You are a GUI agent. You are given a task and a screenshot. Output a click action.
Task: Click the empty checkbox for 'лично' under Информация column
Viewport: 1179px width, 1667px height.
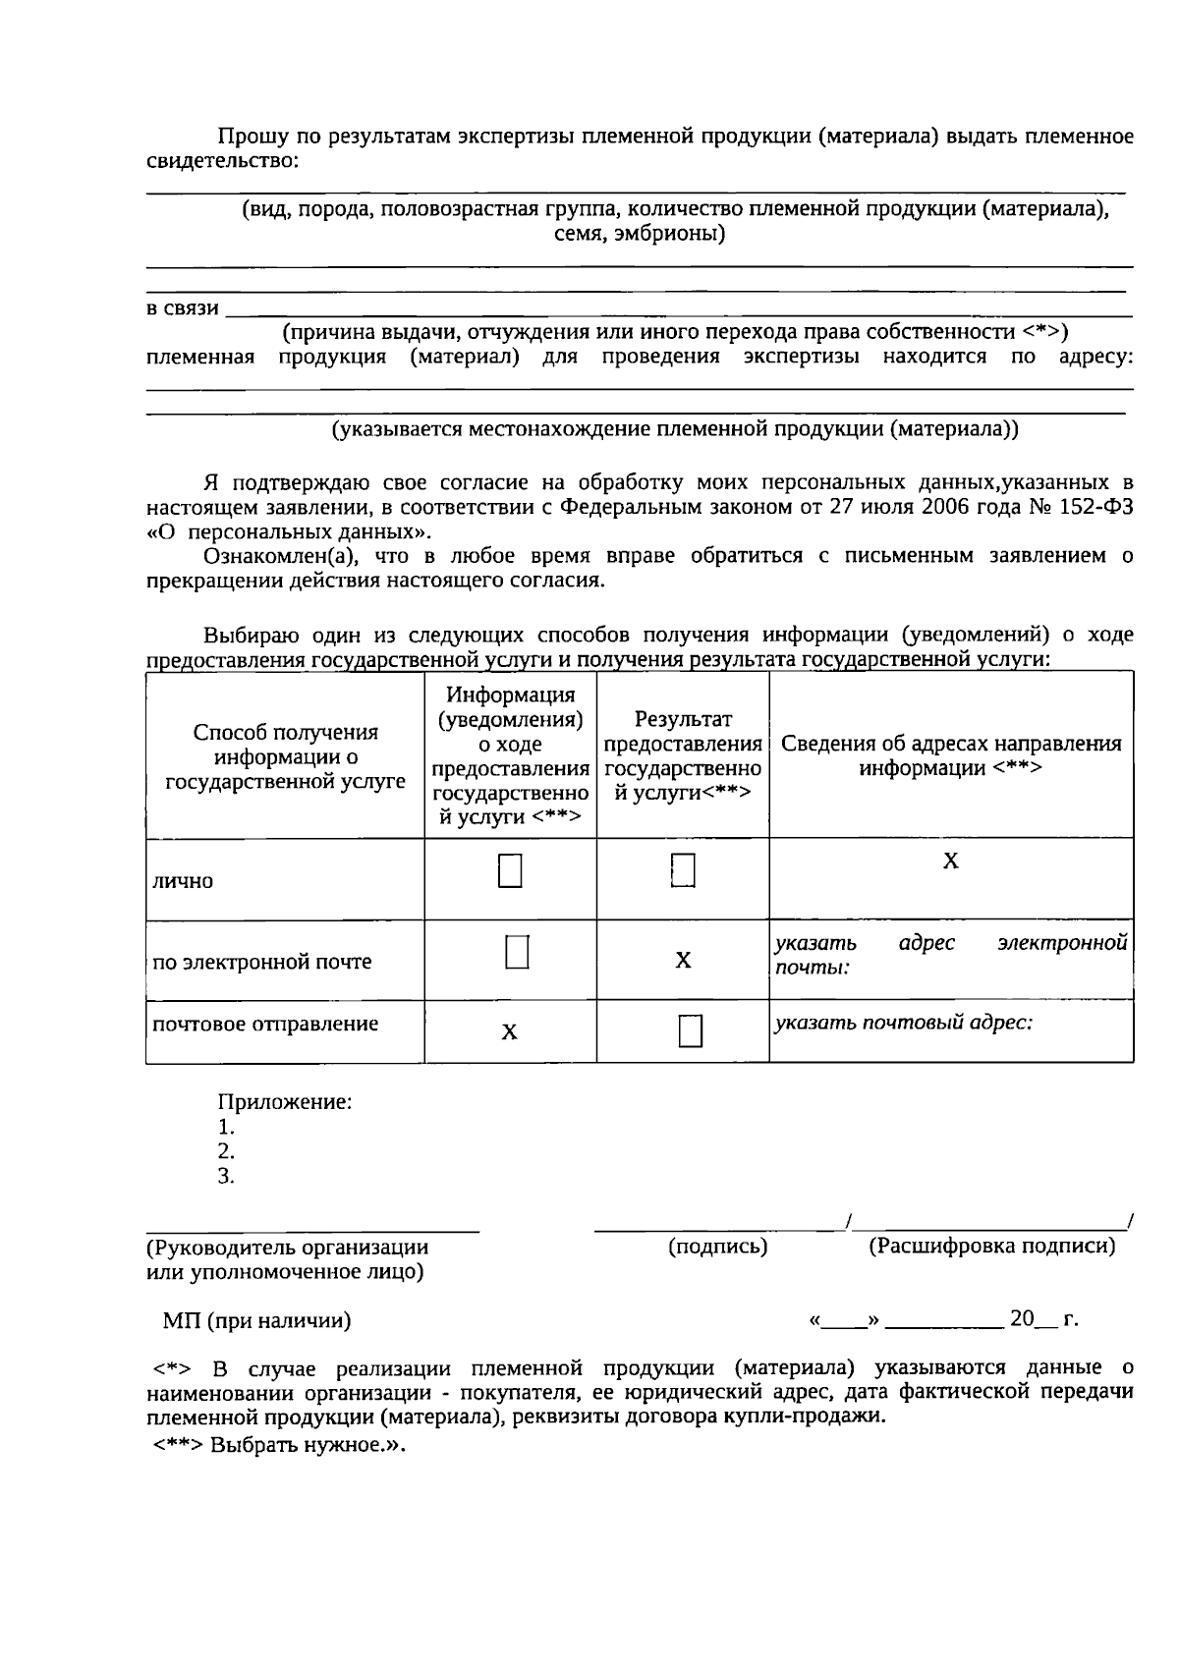tap(509, 870)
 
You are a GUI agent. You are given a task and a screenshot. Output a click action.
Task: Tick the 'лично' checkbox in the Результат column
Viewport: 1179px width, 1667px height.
tap(683, 870)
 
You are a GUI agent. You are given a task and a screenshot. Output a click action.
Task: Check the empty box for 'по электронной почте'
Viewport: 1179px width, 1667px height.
tap(517, 951)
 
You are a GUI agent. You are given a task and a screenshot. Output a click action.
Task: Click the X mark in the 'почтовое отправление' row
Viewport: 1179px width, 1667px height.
tap(509, 1031)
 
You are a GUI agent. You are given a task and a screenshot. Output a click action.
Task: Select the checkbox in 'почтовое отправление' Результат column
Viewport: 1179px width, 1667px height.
tap(690, 1031)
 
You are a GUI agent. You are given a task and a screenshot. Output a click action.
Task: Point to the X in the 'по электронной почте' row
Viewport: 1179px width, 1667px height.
tap(683, 960)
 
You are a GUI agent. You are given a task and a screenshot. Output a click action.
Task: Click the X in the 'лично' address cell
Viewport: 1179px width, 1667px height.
tap(950, 861)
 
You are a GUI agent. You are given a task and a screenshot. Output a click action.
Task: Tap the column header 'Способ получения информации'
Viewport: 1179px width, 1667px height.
tap(285, 756)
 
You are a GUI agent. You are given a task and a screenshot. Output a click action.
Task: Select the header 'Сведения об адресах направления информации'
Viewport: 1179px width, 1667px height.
tap(950, 755)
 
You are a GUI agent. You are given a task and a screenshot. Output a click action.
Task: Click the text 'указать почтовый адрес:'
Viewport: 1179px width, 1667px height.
tap(903, 1022)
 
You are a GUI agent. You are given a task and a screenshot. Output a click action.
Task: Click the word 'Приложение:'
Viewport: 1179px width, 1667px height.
tap(285, 1101)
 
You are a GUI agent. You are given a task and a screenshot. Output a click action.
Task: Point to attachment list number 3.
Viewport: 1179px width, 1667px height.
tap(226, 1176)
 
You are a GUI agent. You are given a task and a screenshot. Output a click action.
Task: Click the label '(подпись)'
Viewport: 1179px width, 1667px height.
tap(717, 1247)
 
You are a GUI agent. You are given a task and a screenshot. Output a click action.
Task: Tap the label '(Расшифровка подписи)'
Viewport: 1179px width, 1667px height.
tap(991, 1247)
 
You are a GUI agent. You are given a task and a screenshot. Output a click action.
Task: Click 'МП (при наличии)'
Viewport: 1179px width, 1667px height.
tap(256, 1320)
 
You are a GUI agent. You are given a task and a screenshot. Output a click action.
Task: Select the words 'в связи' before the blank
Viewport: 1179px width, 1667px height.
tap(183, 308)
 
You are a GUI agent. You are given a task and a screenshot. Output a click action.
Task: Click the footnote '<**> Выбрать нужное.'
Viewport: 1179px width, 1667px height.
tap(279, 1445)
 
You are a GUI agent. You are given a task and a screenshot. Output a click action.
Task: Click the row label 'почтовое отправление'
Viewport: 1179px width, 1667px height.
tap(265, 1024)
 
